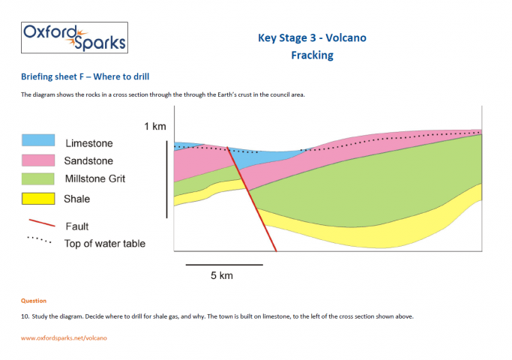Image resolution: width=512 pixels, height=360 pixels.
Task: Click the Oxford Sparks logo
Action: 73,37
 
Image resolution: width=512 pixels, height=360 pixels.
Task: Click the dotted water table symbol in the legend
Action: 39,240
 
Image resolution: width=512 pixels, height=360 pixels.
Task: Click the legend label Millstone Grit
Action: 95,179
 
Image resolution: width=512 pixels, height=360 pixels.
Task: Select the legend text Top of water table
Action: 105,244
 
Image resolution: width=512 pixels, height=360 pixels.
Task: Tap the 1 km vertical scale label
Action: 155,126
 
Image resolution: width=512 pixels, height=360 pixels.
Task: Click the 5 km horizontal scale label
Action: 222,276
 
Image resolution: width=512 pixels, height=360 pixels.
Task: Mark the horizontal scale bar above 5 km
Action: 224,264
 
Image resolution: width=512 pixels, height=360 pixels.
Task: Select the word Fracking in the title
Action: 312,55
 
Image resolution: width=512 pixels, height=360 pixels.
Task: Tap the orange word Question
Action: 34,301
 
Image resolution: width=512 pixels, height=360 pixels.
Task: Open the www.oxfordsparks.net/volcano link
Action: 64,338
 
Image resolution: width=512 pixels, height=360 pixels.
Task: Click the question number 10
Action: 25,316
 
